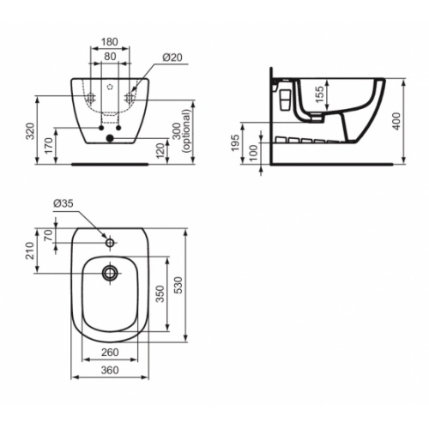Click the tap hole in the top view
tap(110, 243)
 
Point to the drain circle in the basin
tap(110, 274)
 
